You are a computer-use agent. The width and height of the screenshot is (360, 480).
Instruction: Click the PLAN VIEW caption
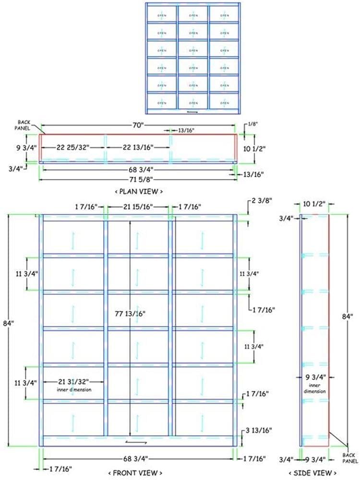click(x=139, y=191)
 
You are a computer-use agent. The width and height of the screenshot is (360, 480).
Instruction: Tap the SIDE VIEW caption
click(x=316, y=473)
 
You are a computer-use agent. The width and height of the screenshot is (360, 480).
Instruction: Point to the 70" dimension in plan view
click(x=138, y=126)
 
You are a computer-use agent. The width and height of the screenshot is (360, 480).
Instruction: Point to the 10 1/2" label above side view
click(x=315, y=204)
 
